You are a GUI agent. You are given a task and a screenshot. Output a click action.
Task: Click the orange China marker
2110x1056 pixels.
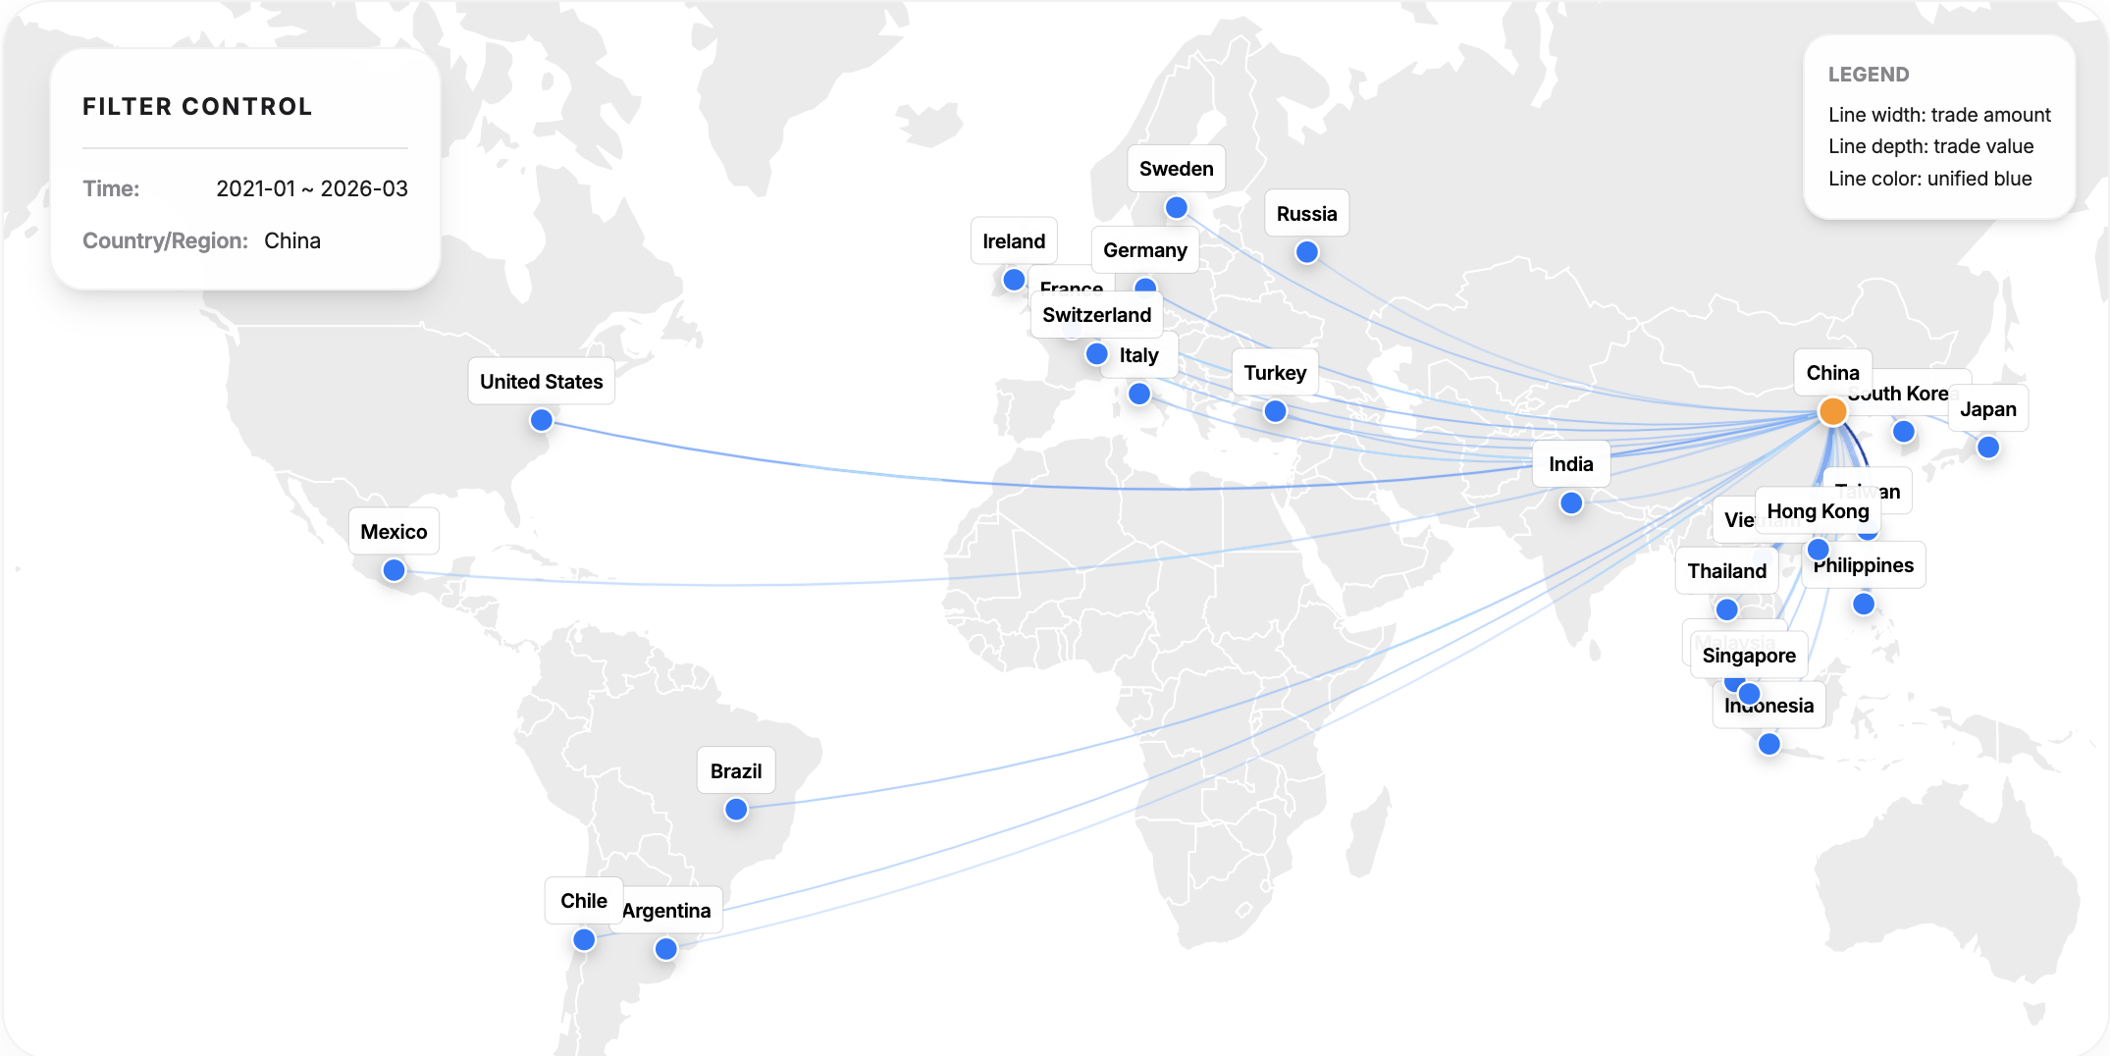pyautogui.click(x=1832, y=411)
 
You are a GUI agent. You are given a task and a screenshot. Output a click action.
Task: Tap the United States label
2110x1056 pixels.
pyautogui.click(x=541, y=382)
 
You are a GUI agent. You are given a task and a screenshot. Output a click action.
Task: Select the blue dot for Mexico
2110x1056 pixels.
pyautogui.click(x=394, y=570)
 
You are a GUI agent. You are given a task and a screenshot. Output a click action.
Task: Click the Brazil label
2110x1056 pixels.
pyautogui.click(x=736, y=771)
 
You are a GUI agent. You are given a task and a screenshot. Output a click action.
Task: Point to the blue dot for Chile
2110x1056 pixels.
pyautogui.click(x=584, y=940)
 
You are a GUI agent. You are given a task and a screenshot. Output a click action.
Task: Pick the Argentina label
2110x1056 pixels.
pyautogui.click(x=667, y=911)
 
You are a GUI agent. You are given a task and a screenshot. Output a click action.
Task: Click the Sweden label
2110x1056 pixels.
pyautogui.click(x=1176, y=169)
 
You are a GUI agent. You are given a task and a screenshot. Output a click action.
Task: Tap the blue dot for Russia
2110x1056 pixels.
pyautogui.click(x=1306, y=252)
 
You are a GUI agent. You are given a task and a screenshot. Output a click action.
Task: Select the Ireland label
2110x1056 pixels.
pyautogui.click(x=1014, y=241)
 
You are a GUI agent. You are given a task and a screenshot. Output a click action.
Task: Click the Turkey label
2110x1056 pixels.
pyautogui.click(x=1275, y=373)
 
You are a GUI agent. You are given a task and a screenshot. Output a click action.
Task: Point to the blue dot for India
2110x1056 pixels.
pyautogui.click(x=1571, y=503)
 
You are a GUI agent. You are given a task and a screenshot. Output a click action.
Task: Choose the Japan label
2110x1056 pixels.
pyautogui.click(x=1987, y=409)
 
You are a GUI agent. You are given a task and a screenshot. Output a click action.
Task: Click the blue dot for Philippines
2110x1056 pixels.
pyautogui.click(x=1864, y=604)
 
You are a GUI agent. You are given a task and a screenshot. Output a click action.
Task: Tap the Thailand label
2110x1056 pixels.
pyautogui.click(x=1726, y=571)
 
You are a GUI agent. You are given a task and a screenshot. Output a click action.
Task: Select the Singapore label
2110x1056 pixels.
pyautogui.click(x=1749, y=656)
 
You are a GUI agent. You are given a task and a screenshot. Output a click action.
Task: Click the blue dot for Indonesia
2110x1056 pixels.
pyautogui.click(x=1769, y=744)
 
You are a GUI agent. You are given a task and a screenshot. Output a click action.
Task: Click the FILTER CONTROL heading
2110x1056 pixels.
pyautogui.click(x=197, y=107)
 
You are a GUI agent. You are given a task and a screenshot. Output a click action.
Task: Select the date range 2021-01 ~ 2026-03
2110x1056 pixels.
pyautogui.click(x=311, y=188)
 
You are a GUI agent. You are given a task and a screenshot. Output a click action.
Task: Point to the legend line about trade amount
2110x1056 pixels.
pyautogui.click(x=1938, y=115)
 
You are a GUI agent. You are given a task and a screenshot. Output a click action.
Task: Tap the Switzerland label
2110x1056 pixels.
pyautogui.click(x=1096, y=315)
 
